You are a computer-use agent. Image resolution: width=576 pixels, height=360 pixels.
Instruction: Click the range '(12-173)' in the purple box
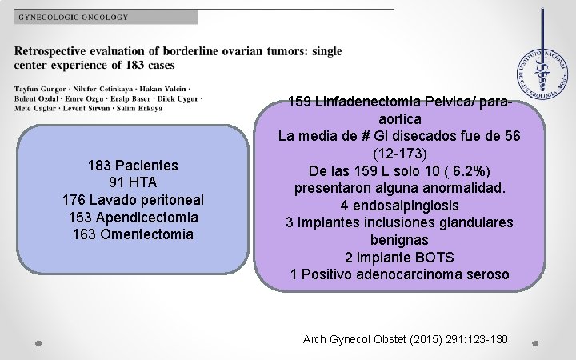(400, 152)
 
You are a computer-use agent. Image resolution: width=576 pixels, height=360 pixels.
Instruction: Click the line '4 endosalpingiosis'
(400, 205)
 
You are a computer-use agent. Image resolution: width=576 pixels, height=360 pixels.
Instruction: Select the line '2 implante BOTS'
(400, 257)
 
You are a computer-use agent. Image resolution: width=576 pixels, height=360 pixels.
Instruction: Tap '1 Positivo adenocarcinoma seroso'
(400, 274)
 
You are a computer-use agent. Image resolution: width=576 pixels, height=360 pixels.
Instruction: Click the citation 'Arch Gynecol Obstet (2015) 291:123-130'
(406, 339)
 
